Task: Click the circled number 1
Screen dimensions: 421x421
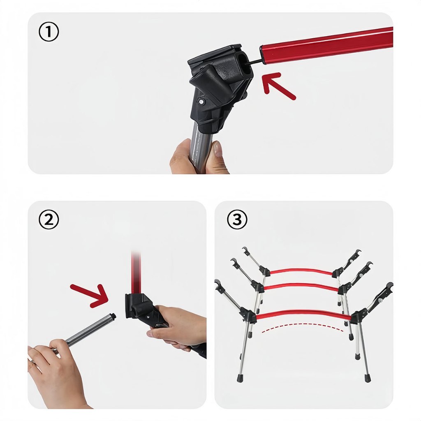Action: pos(49,32)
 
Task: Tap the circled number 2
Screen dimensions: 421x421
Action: pos(49,220)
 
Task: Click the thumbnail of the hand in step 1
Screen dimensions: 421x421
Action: pos(217,149)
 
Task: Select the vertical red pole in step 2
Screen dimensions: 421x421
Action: pos(136,273)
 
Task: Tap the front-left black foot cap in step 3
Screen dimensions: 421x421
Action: pos(240,378)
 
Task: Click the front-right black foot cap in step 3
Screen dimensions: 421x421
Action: pos(367,378)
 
